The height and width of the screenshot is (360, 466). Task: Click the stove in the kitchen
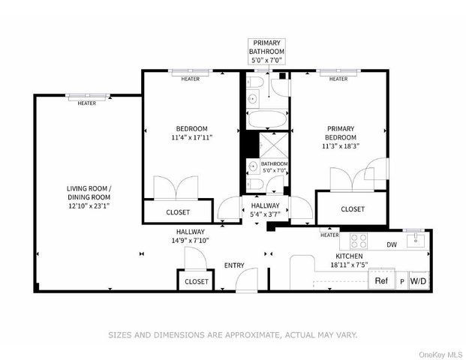(x=359, y=241)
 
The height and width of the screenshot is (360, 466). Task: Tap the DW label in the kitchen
(x=391, y=244)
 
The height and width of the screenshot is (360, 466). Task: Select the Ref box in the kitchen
(x=381, y=281)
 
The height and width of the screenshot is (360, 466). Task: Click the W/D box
(x=418, y=281)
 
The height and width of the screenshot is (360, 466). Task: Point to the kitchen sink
(x=414, y=241)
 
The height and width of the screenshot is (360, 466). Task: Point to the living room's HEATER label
(x=87, y=103)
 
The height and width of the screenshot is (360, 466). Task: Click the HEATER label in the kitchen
(x=329, y=235)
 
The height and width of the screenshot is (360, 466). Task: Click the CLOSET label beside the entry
(x=196, y=281)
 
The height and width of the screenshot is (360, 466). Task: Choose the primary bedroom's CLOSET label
(x=353, y=209)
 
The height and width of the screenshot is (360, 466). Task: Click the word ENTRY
(x=234, y=265)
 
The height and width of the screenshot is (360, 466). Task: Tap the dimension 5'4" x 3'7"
(x=265, y=214)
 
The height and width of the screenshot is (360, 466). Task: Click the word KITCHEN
(x=329, y=256)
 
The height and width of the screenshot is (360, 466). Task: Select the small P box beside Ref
(x=401, y=282)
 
